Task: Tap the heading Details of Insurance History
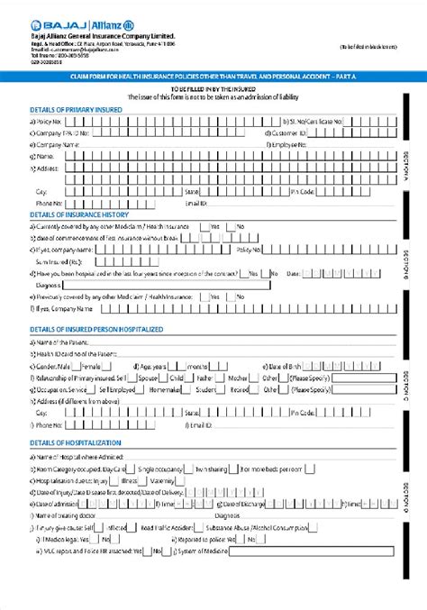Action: click(x=79, y=214)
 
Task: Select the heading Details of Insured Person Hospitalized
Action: click(x=96, y=330)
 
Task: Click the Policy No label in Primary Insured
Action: click(x=50, y=120)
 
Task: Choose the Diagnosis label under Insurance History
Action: click(x=49, y=285)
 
